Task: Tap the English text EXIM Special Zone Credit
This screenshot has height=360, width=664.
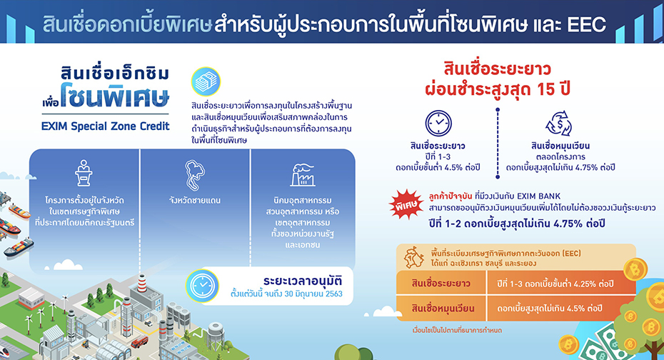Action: [x=106, y=126]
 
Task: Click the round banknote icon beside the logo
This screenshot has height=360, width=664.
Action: [x=206, y=81]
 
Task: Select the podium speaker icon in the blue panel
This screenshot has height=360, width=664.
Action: [x=84, y=173]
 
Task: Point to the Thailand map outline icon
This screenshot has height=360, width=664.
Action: [x=195, y=175]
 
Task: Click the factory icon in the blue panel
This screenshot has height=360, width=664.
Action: [x=302, y=174]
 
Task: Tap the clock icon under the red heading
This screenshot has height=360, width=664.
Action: [x=438, y=124]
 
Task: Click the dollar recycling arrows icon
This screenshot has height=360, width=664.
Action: [x=559, y=124]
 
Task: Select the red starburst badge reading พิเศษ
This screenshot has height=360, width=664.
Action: [x=406, y=204]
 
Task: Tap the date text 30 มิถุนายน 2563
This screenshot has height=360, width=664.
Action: [x=313, y=294]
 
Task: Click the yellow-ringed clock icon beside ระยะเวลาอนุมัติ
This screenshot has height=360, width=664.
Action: [x=203, y=286]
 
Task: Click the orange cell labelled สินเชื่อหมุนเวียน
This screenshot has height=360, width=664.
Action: [x=443, y=309]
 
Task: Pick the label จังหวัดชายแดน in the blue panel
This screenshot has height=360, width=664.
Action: [x=195, y=200]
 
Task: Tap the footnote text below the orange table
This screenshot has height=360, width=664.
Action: [x=457, y=330]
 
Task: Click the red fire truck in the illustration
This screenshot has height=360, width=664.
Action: [x=139, y=342]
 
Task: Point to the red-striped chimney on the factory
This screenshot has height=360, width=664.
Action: [x=142, y=283]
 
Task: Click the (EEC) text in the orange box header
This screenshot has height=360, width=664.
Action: [x=572, y=254]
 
